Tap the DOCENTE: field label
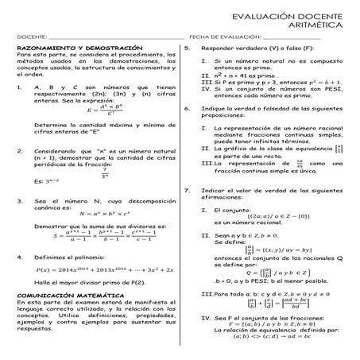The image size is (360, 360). pyautogui.click(x=31, y=37)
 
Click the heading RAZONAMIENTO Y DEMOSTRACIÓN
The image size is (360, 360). pyautogui.click(x=79, y=48)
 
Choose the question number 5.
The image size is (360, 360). pyautogui.click(x=185, y=48)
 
